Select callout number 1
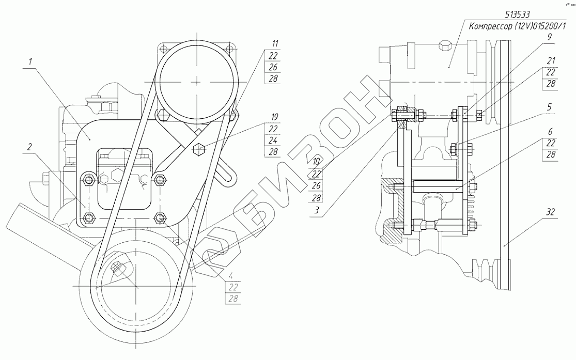pos(31,61)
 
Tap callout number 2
pos(30,147)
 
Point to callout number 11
pos(275,44)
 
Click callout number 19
pos(274,117)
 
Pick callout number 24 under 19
pos(273,140)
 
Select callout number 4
pos(230,275)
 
